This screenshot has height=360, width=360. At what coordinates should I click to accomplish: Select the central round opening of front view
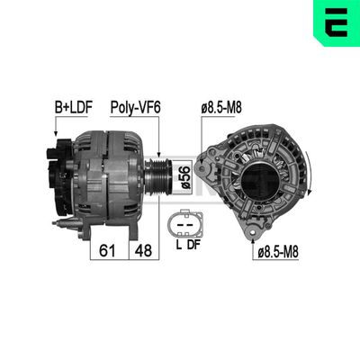point(255,180)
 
